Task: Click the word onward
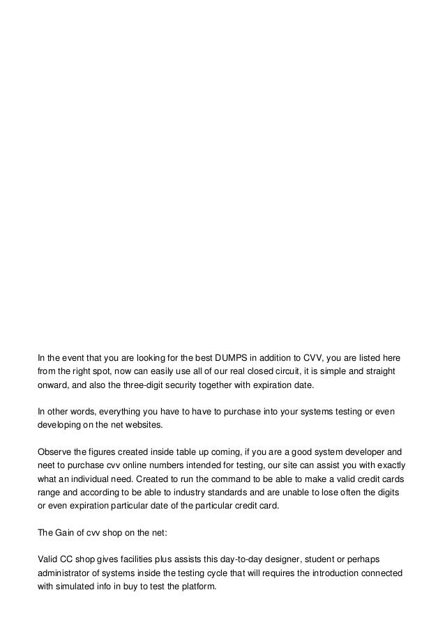coord(53,385)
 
